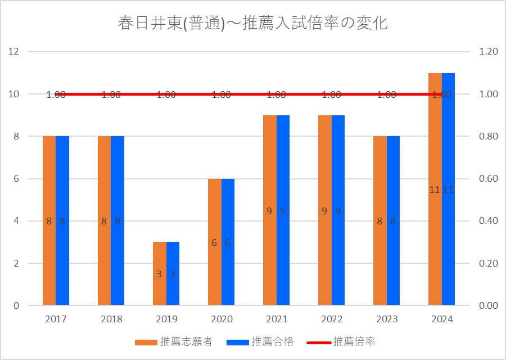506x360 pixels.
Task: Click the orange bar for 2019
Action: click(160, 273)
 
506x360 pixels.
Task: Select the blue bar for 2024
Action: click(448, 189)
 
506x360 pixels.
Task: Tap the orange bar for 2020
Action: click(215, 242)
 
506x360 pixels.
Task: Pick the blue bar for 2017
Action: click(62, 220)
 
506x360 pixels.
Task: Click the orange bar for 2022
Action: click(325, 210)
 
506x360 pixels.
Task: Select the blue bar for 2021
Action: click(283, 210)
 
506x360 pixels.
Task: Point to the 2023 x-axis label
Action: click(387, 319)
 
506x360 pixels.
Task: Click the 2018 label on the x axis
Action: click(111, 319)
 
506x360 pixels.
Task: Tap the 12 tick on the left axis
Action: click(13, 51)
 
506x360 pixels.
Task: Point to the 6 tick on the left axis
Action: click(16, 178)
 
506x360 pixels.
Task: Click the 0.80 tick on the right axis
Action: click(489, 136)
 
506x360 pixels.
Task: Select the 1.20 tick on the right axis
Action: click(489, 51)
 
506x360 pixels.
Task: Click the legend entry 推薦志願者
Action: click(174, 341)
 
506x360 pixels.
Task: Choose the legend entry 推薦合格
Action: click(260, 341)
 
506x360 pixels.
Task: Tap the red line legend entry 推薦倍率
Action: click(341, 341)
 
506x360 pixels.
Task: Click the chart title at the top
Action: click(252, 23)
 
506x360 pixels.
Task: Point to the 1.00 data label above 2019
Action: click(166, 94)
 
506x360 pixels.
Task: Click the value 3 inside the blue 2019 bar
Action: click(173, 274)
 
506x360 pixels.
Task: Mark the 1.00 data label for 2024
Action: click(442, 94)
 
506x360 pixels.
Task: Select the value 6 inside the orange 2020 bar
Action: click(214, 243)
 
